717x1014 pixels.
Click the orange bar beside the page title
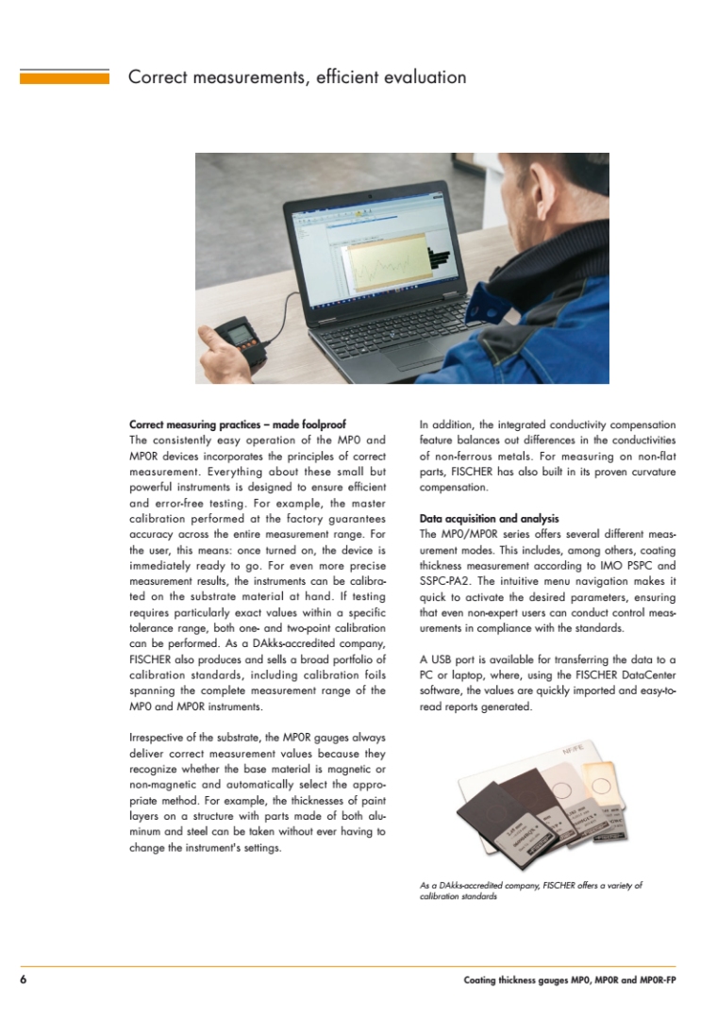click(64, 76)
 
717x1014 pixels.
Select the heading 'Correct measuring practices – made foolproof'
click(243, 424)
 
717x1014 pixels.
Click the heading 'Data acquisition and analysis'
click(489, 519)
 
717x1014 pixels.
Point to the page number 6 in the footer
click(23, 980)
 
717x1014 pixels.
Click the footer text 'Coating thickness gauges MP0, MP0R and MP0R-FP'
click(570, 980)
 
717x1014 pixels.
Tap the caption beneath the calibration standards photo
click(530, 890)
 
